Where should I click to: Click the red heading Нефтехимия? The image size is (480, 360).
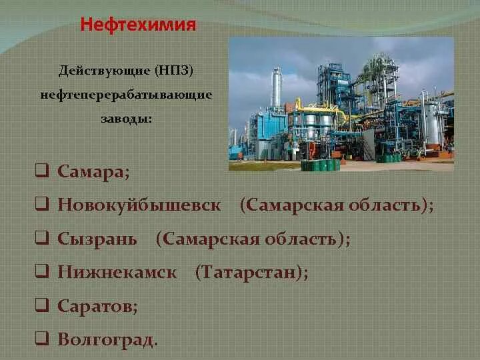click(138, 25)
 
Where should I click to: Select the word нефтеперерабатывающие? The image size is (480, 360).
click(126, 95)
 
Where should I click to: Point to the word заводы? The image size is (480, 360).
click(126, 119)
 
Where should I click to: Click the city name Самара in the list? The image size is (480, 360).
click(93, 172)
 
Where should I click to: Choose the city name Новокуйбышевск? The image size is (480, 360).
click(139, 205)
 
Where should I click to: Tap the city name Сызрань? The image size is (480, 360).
click(97, 239)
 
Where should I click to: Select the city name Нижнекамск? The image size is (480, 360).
click(117, 273)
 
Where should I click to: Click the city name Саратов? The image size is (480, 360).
click(97, 306)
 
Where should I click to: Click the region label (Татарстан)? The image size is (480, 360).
click(251, 273)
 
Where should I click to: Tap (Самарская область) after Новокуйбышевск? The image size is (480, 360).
click(336, 205)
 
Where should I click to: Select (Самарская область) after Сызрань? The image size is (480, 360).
click(253, 239)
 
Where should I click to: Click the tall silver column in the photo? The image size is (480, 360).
click(276, 90)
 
